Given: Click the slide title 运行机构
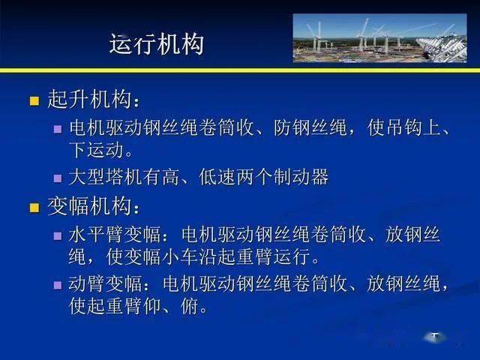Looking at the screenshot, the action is click(x=157, y=44).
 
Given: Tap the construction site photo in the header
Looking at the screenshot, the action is click(x=380, y=38).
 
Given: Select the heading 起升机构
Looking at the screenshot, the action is click(x=89, y=100).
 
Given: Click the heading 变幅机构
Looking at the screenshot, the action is click(x=89, y=206).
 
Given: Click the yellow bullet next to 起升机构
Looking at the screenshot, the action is click(x=34, y=100).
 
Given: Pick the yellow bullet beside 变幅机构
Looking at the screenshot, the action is click(x=34, y=208).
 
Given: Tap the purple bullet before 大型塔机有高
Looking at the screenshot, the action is click(x=58, y=178).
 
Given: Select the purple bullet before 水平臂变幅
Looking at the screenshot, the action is click(x=58, y=235).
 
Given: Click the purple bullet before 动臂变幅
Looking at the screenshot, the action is click(x=58, y=285).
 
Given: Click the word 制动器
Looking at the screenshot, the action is click(x=301, y=177).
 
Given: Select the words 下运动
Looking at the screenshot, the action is click(x=96, y=150).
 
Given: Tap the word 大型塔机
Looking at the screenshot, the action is click(x=105, y=177).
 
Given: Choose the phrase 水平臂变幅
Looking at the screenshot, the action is click(x=115, y=235).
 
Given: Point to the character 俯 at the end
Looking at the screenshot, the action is click(x=189, y=306).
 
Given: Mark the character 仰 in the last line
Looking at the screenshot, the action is click(x=151, y=306).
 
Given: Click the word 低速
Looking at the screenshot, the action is click(x=217, y=177).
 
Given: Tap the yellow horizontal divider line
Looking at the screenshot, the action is click(x=240, y=70).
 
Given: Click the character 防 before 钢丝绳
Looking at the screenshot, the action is click(x=282, y=127).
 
